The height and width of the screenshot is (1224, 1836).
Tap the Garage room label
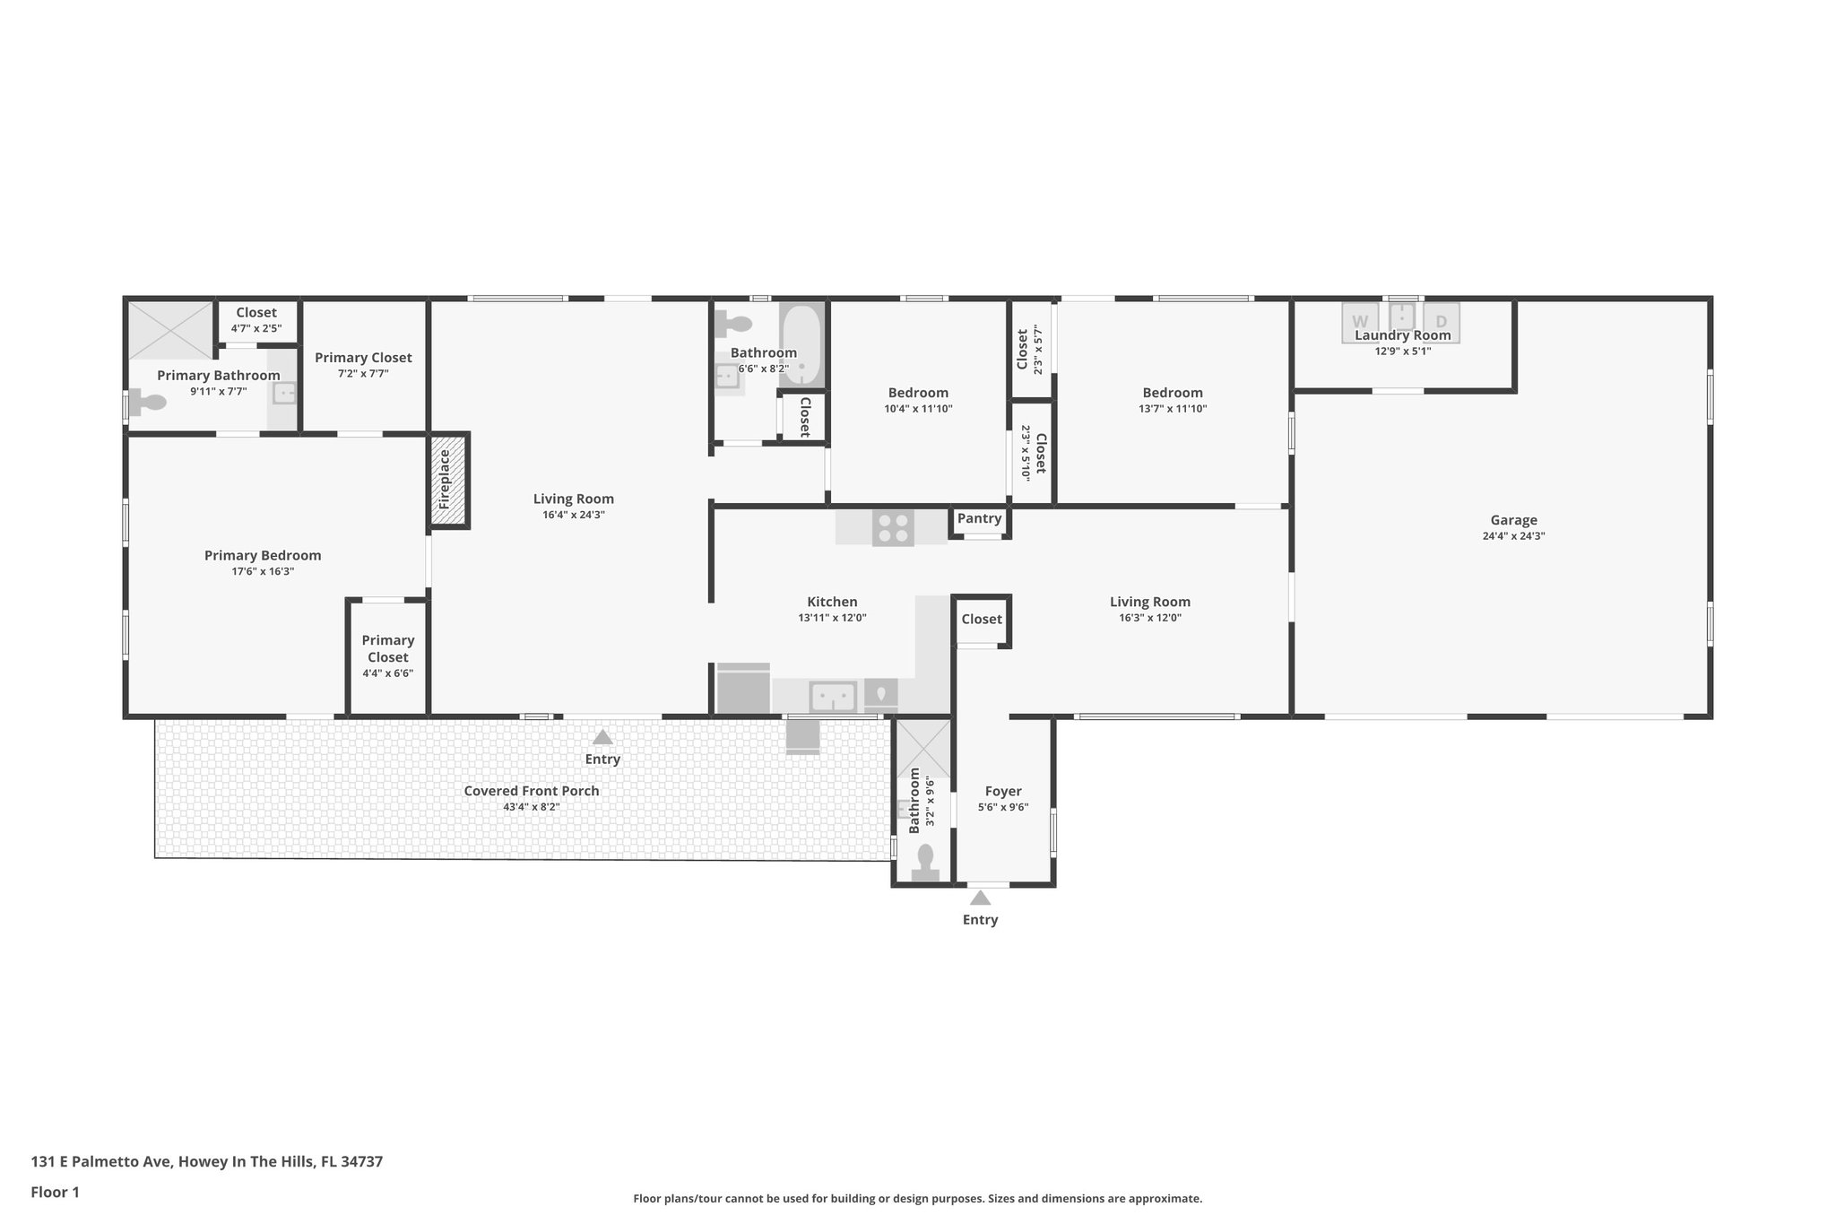pos(1513,520)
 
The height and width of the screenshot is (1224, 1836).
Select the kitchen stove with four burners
pos(893,528)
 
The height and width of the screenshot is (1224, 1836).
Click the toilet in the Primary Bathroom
pos(147,403)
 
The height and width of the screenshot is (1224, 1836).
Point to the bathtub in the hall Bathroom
pos(801,345)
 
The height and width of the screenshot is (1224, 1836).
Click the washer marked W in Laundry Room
pos(1360,321)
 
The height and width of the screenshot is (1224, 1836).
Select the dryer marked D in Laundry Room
pos(1442,321)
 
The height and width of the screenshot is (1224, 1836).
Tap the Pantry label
pos(979,518)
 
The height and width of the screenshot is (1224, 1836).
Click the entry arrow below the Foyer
pos(980,898)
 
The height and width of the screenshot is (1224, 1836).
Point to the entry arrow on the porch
pos(602,737)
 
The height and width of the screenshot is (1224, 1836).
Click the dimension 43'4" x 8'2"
pos(532,807)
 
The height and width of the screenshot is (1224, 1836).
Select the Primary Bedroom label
pos(263,555)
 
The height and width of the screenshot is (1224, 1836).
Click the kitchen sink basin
pos(833,696)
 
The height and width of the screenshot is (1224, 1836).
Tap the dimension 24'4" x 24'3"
pos(1513,536)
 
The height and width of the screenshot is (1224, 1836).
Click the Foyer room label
pos(1003,791)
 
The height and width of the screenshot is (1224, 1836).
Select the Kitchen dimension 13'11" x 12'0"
pos(832,618)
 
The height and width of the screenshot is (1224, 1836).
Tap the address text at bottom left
pos(207,1162)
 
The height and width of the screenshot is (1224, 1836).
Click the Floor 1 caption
pos(56,1193)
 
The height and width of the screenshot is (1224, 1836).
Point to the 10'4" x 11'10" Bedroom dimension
pos(918,409)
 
